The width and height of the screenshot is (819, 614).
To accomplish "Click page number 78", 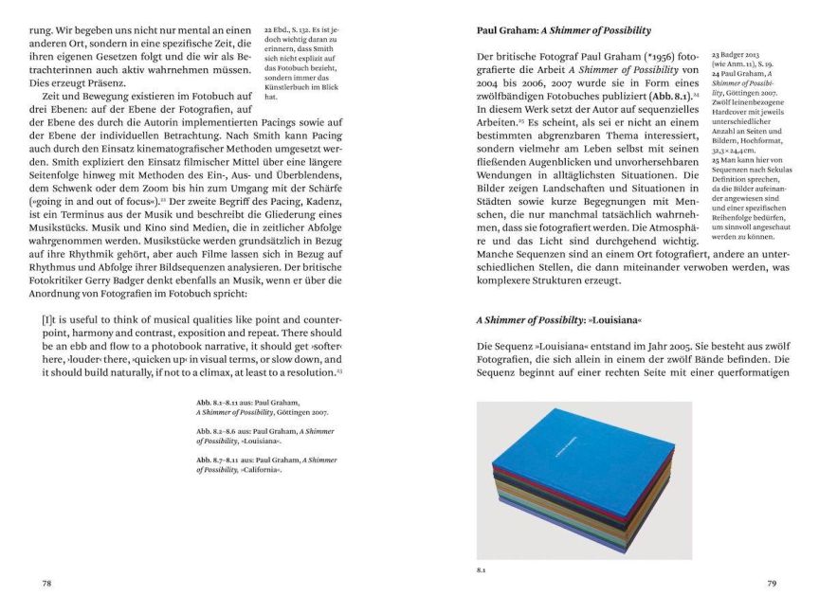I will [46, 584].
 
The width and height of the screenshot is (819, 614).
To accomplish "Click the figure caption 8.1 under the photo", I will [481, 570].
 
